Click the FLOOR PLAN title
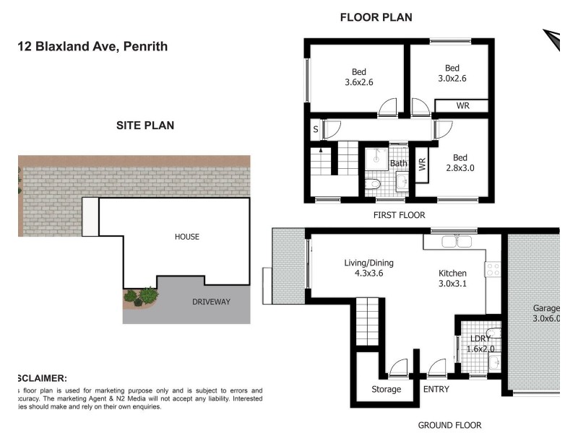pyautogui.click(x=376, y=17)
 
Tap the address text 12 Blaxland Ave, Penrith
pyautogui.click(x=92, y=47)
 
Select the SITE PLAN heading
pyautogui.click(x=145, y=126)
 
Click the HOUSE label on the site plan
pyautogui.click(x=186, y=237)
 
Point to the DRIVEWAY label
pyautogui.click(x=210, y=302)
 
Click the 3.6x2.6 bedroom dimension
pyautogui.click(x=359, y=83)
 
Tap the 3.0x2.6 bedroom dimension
pyautogui.click(x=452, y=79)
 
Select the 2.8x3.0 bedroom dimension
pyautogui.click(x=460, y=169)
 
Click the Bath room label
pyautogui.click(x=399, y=164)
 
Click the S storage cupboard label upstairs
pyautogui.click(x=315, y=130)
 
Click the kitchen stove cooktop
pyautogui.click(x=494, y=269)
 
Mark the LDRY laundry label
pyautogui.click(x=481, y=338)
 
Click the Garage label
pyautogui.click(x=546, y=308)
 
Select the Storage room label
pyautogui.click(x=387, y=390)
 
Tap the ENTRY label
pyautogui.click(x=436, y=390)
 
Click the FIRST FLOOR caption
pyautogui.click(x=399, y=215)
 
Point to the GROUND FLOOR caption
pyautogui.click(x=449, y=425)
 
